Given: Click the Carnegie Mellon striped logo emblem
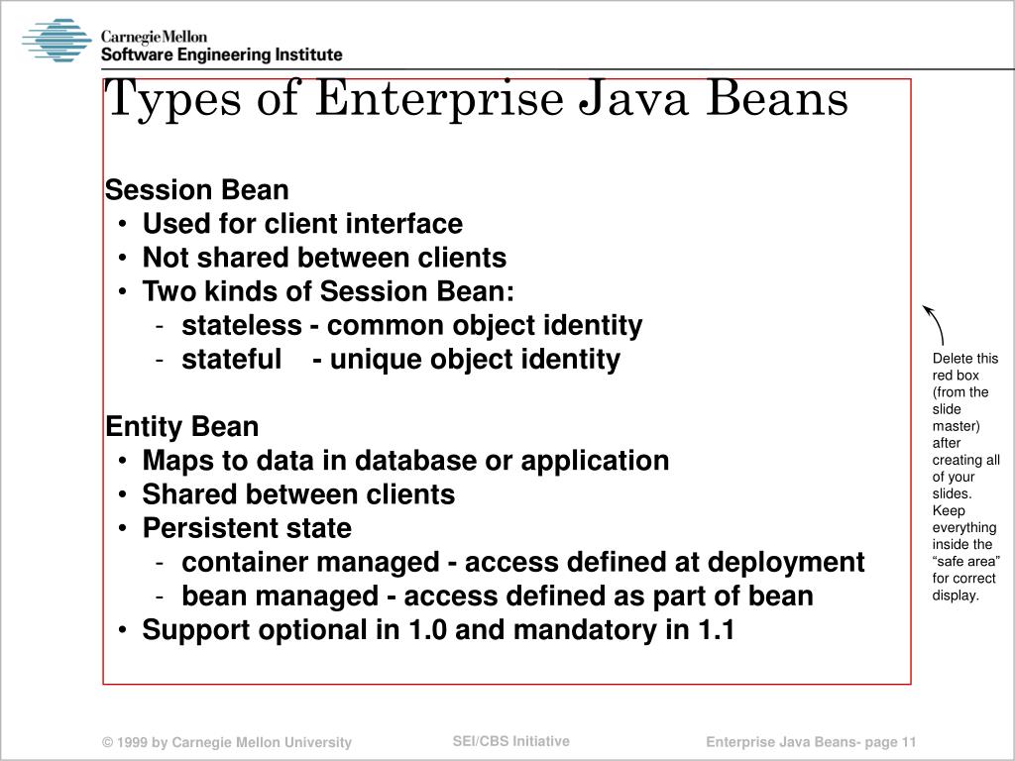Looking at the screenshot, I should [x=56, y=41].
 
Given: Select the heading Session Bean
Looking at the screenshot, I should [x=197, y=189].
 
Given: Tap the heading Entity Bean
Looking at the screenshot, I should [x=182, y=427].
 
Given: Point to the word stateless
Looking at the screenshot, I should [x=241, y=325].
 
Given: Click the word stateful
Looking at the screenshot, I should [x=232, y=359].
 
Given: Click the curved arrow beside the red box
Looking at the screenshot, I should [x=934, y=324].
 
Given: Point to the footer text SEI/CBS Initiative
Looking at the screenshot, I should [x=510, y=741].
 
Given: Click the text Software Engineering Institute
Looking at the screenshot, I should [x=221, y=55].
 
